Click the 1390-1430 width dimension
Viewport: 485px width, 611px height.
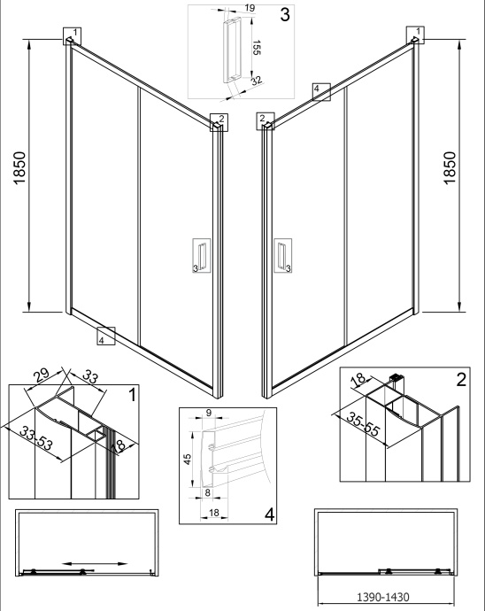383,597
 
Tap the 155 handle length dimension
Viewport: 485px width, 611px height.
256,47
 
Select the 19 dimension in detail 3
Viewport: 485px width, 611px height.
250,8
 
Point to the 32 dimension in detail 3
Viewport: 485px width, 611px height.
257,81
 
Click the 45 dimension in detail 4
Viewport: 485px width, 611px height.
188,459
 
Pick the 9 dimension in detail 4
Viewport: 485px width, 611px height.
208,413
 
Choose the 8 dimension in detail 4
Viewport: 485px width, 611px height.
208,492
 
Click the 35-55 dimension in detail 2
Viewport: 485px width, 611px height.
363,424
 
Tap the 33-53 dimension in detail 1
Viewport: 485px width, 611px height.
36,438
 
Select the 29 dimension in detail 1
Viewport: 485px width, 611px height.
41,375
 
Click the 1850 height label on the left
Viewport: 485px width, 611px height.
19,168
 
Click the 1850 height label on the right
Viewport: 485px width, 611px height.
450,168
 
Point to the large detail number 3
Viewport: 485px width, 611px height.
285,14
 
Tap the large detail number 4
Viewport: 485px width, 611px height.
270,514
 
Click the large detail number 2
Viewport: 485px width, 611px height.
461,380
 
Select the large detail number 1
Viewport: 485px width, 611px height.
133,395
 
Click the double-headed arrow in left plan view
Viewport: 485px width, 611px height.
95,563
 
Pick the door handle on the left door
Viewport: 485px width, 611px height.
202,255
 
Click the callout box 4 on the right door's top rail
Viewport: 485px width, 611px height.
321,92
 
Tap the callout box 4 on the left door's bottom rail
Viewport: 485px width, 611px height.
106,336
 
